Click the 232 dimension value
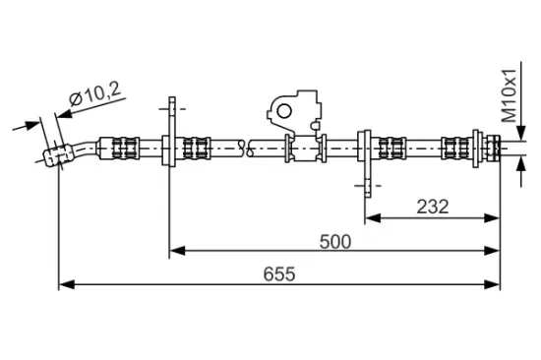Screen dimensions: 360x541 (x=432, y=206)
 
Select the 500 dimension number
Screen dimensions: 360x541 (x=334, y=240)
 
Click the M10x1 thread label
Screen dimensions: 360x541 (x=510, y=93)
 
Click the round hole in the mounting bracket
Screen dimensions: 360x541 (x=286, y=109)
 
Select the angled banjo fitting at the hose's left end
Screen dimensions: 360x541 (x=60, y=153)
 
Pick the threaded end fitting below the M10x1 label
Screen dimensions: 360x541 (x=490, y=149)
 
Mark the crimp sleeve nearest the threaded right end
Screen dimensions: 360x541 (x=455, y=149)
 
